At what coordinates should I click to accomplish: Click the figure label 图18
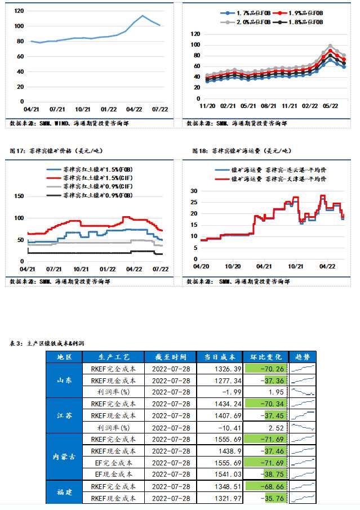[200, 151]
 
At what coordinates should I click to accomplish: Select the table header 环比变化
[265, 356]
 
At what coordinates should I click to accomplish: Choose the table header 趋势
[303, 356]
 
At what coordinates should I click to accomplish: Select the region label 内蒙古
[64, 457]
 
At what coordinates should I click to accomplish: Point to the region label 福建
[64, 492]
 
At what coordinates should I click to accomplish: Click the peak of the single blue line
[143, 16]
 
